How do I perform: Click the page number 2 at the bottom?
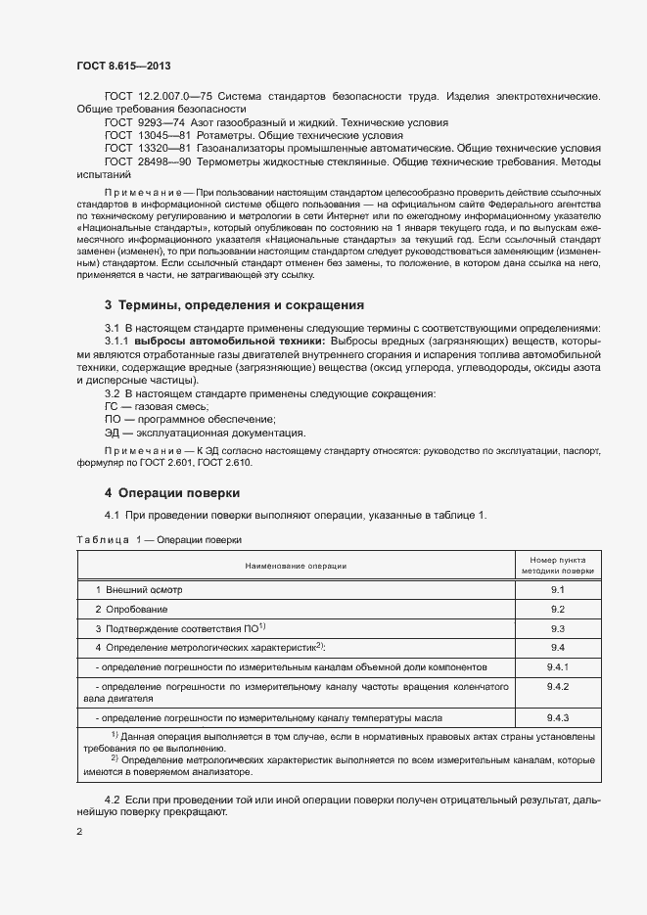[x=79, y=832]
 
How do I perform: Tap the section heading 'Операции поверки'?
[x=172, y=491]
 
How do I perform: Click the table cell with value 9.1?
[x=558, y=590]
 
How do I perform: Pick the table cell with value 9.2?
[x=558, y=609]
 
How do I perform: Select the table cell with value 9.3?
[x=558, y=628]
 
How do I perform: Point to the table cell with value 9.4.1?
[x=558, y=666]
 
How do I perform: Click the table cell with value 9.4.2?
[x=558, y=687]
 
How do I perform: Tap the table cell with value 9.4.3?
[x=558, y=717]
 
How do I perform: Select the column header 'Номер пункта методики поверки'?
[x=558, y=565]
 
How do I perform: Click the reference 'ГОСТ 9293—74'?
[x=143, y=122]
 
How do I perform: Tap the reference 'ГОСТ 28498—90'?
[x=147, y=160]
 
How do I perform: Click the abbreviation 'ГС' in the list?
[x=112, y=406]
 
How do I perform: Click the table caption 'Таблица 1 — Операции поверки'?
[x=158, y=539]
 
